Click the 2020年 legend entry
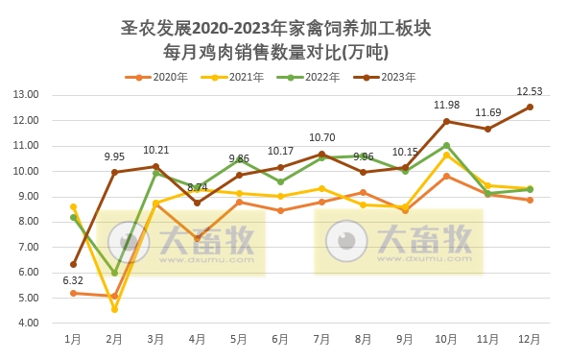(161, 77)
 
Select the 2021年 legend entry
(238, 77)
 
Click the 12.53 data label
(530, 91)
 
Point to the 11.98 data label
(446, 105)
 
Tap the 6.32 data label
(73, 280)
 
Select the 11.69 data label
(488, 112)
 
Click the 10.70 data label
(321, 137)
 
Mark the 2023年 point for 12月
(530, 107)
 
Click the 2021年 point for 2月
(114, 309)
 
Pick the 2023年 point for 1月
(73, 264)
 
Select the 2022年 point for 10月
(446, 145)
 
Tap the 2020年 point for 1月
(73, 293)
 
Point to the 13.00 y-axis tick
(26, 95)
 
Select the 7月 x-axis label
(321, 340)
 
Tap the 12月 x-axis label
(530, 340)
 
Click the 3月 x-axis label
(155, 340)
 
